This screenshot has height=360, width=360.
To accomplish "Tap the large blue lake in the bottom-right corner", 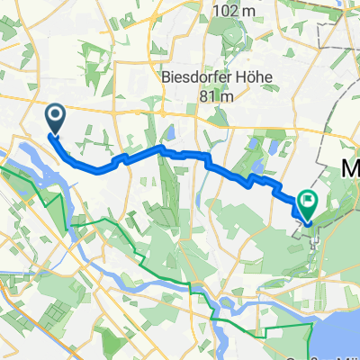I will (337, 315).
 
